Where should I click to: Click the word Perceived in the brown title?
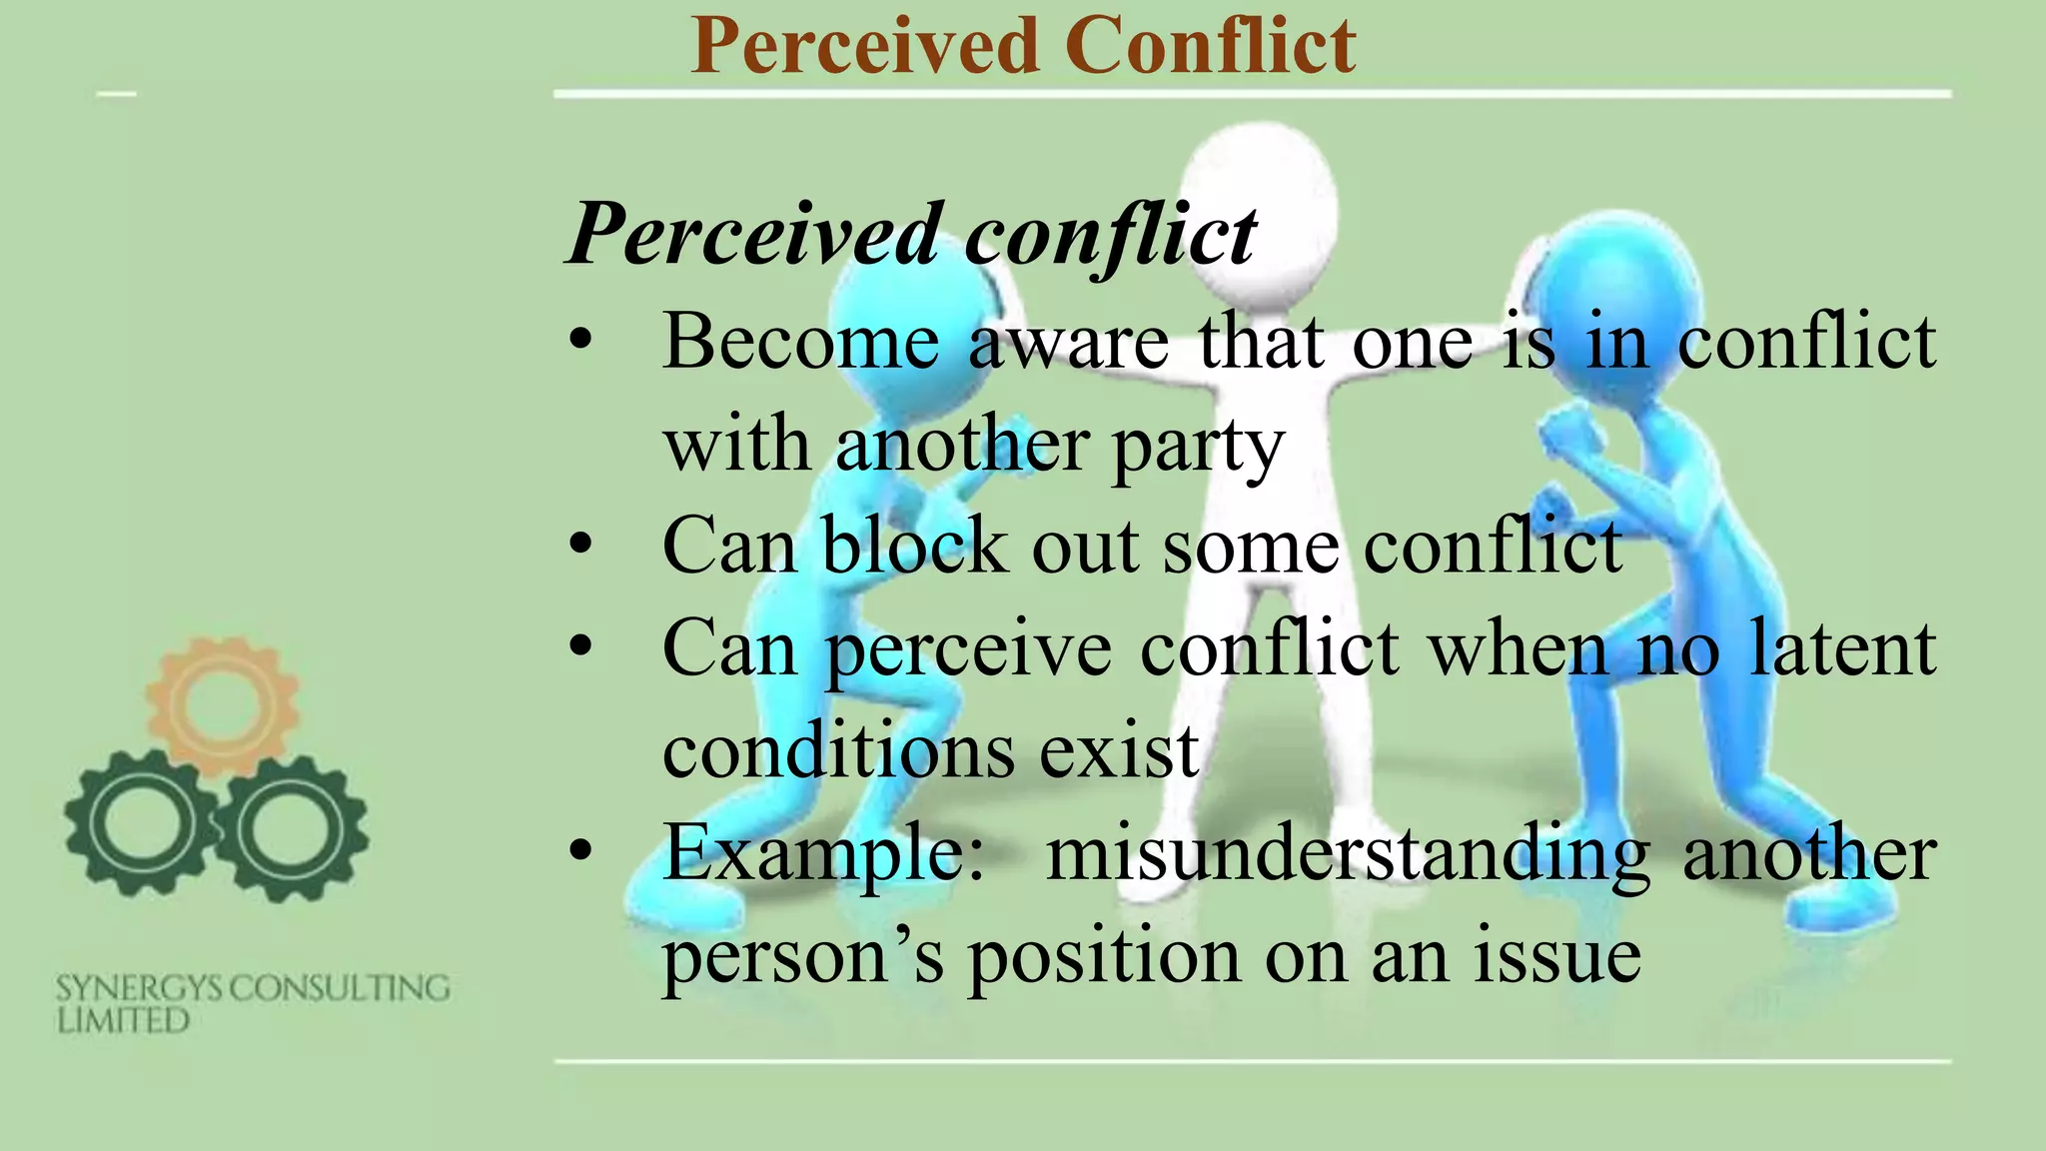pyautogui.click(x=865, y=46)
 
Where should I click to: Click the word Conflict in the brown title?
pyautogui.click(x=1210, y=46)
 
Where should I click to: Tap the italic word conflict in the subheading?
pyautogui.click(x=1110, y=236)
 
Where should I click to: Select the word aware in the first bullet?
pyautogui.click(x=1068, y=342)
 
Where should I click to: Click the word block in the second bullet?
pyautogui.click(x=914, y=547)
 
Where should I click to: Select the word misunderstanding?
pyautogui.click(x=1348, y=854)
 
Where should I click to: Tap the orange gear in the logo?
pyautogui.click(x=222, y=706)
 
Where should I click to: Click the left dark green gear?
pyautogui.click(x=140, y=826)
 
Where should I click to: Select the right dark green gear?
pyautogui.click(x=292, y=828)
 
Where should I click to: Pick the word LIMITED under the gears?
pyautogui.click(x=123, y=1021)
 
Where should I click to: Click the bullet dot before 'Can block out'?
pyautogui.click(x=580, y=546)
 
